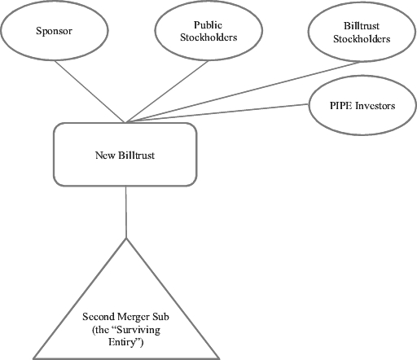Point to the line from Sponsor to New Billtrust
pyautogui.click(x=90, y=91)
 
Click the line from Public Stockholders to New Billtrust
pyautogui.click(x=167, y=91)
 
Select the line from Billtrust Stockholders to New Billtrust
pyautogui.click(x=244, y=92)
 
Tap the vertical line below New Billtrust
pyautogui.click(x=126, y=213)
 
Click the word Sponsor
pyautogui.click(x=54, y=31)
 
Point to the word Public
pyautogui.click(x=208, y=25)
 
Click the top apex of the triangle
pyautogui.click(x=126, y=238)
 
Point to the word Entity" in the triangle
pyautogui.click(x=125, y=342)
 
